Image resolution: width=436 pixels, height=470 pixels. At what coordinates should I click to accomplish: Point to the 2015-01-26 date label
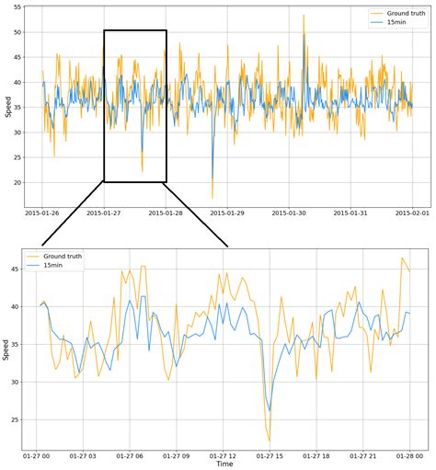(x=42, y=212)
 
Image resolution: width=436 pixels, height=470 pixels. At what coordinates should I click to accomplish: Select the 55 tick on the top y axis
(x=17, y=7)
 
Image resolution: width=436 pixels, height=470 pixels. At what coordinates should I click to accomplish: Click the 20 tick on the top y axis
(x=17, y=182)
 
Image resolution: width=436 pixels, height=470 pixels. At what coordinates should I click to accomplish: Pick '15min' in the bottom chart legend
(x=52, y=264)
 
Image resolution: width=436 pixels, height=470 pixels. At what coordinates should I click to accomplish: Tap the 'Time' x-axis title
(x=224, y=464)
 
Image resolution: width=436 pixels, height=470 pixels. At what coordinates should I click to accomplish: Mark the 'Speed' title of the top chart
(x=7, y=108)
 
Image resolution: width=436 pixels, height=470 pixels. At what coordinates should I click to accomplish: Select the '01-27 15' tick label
(x=270, y=454)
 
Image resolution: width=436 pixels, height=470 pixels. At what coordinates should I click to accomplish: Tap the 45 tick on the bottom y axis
(x=15, y=269)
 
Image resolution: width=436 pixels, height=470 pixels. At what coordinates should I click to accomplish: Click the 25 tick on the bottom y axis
(x=15, y=419)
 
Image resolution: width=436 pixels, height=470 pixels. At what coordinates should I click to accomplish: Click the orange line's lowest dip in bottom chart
(x=270, y=441)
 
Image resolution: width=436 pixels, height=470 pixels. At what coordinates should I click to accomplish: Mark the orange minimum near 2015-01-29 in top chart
(x=212, y=197)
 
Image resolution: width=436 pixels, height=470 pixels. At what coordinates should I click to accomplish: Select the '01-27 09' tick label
(x=177, y=454)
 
